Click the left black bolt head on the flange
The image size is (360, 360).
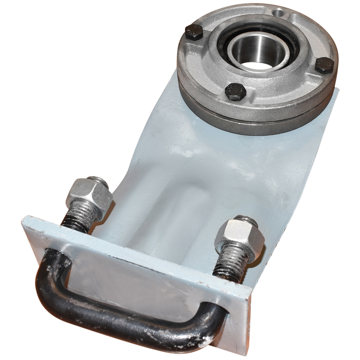(195, 33)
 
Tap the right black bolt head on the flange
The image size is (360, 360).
(324, 66)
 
